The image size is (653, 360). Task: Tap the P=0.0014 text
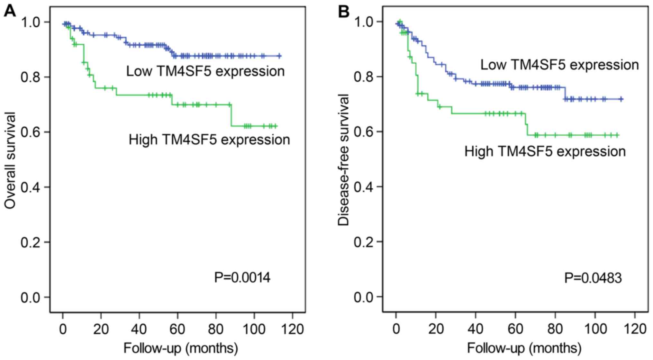coord(242,277)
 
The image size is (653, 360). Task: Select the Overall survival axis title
coord(10,161)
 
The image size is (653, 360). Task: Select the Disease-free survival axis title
coord(343,160)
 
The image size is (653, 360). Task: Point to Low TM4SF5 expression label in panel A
coord(205,71)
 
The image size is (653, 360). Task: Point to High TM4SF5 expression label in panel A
coord(209,140)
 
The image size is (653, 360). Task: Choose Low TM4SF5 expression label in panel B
coord(559,65)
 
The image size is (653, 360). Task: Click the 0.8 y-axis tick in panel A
coord(31,77)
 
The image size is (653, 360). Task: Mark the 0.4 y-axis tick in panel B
coord(364,187)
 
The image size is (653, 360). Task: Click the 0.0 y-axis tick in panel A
coord(31,297)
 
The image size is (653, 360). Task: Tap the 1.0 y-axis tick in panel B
coord(364,22)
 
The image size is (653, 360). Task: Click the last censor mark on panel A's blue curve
coord(279,56)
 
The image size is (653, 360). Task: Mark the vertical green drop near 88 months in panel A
coord(231,115)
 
